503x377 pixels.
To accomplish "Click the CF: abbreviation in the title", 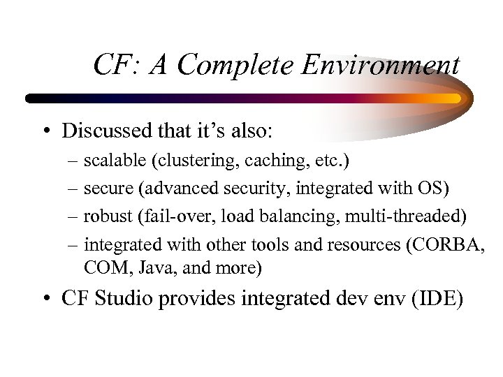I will tap(115, 66).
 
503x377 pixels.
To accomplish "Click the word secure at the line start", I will tap(105, 189).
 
